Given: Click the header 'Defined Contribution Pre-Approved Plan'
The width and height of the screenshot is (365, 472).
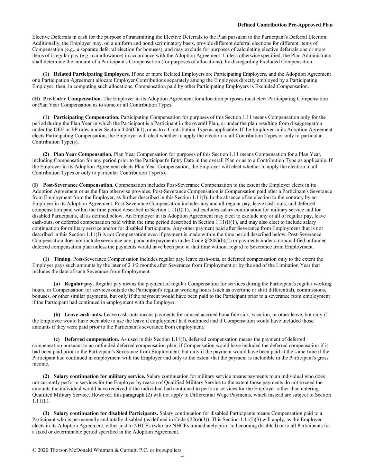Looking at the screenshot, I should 285,25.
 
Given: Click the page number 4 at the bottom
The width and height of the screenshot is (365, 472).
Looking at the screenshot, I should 183,456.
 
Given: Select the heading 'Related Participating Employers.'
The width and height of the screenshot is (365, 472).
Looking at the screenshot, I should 92,74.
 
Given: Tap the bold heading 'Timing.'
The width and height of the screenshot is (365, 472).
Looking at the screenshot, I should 63,259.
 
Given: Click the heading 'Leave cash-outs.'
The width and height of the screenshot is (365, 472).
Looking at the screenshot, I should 83,315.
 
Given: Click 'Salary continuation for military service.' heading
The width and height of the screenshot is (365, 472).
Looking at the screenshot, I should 100,376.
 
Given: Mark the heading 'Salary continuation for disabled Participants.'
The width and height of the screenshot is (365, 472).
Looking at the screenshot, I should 106,413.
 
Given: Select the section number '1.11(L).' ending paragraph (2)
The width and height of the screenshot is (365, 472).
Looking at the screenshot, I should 41,401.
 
